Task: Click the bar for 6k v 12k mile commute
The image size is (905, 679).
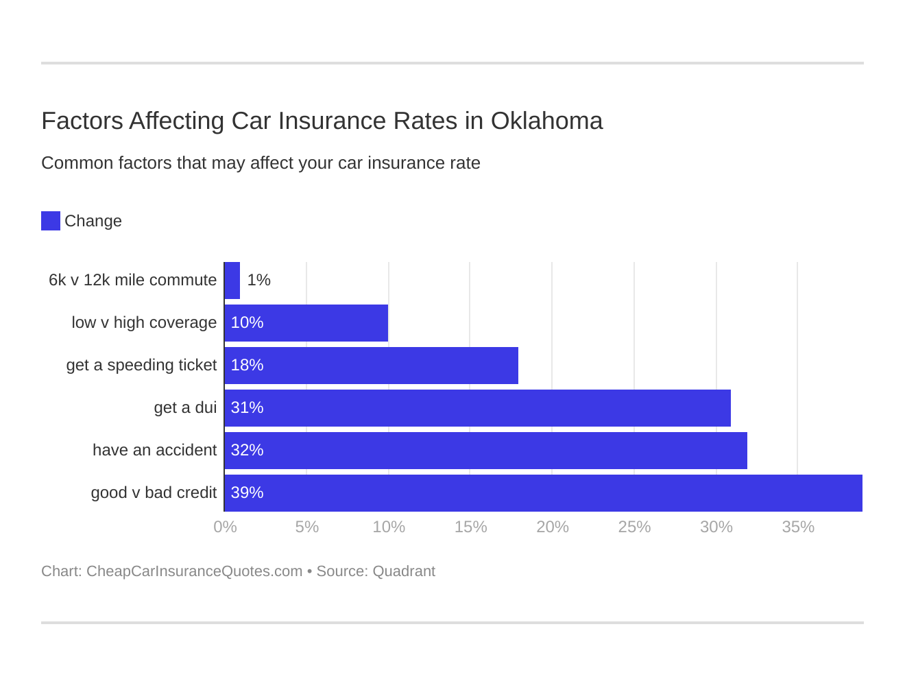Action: tap(232, 281)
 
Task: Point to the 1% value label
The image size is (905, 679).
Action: tap(258, 281)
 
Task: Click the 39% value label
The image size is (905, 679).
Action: tap(247, 493)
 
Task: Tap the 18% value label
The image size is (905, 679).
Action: tap(247, 366)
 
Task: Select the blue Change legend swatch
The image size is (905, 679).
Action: tap(51, 221)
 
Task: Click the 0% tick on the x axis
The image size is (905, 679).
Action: tap(225, 527)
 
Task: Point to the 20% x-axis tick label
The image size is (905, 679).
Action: tap(553, 527)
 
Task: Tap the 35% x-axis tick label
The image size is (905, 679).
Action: tap(798, 527)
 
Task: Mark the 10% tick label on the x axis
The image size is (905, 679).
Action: tap(389, 527)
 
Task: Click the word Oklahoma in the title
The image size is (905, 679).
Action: tap(546, 121)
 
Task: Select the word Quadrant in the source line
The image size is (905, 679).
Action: tap(403, 571)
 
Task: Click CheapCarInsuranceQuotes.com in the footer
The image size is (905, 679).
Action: tap(194, 571)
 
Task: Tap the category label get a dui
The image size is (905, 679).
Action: tap(185, 408)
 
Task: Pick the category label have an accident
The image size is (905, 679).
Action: tap(154, 451)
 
